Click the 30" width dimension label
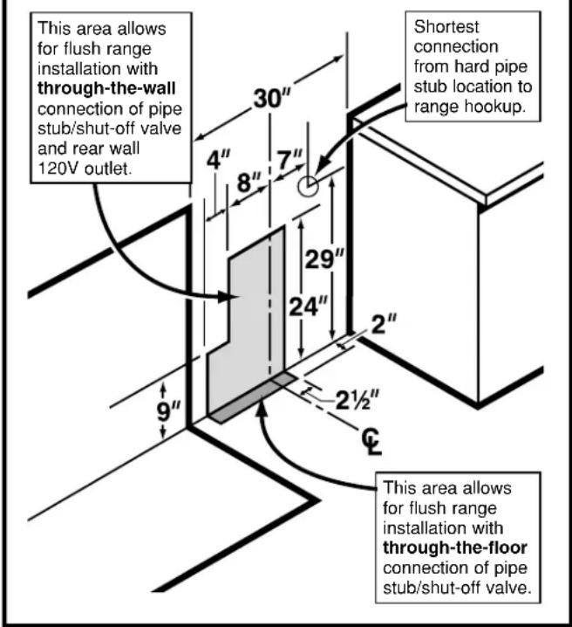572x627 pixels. pos(271,98)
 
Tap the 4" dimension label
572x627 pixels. pos(218,161)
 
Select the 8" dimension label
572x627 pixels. pos(249,183)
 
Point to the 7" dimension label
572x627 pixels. pos(289,160)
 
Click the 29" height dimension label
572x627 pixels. pos(324,258)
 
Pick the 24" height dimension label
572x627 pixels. pos(308,307)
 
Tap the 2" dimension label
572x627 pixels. pos(384,324)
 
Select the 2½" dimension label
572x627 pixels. pos(357,400)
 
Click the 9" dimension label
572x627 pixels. pos(168,410)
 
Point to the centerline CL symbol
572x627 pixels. pos(371,441)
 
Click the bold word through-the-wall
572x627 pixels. pos(106,88)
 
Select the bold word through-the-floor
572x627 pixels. pos(454,548)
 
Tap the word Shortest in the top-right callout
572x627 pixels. pos(446,27)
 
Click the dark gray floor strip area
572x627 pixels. pos(254,397)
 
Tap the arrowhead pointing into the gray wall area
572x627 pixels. pos(228,297)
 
